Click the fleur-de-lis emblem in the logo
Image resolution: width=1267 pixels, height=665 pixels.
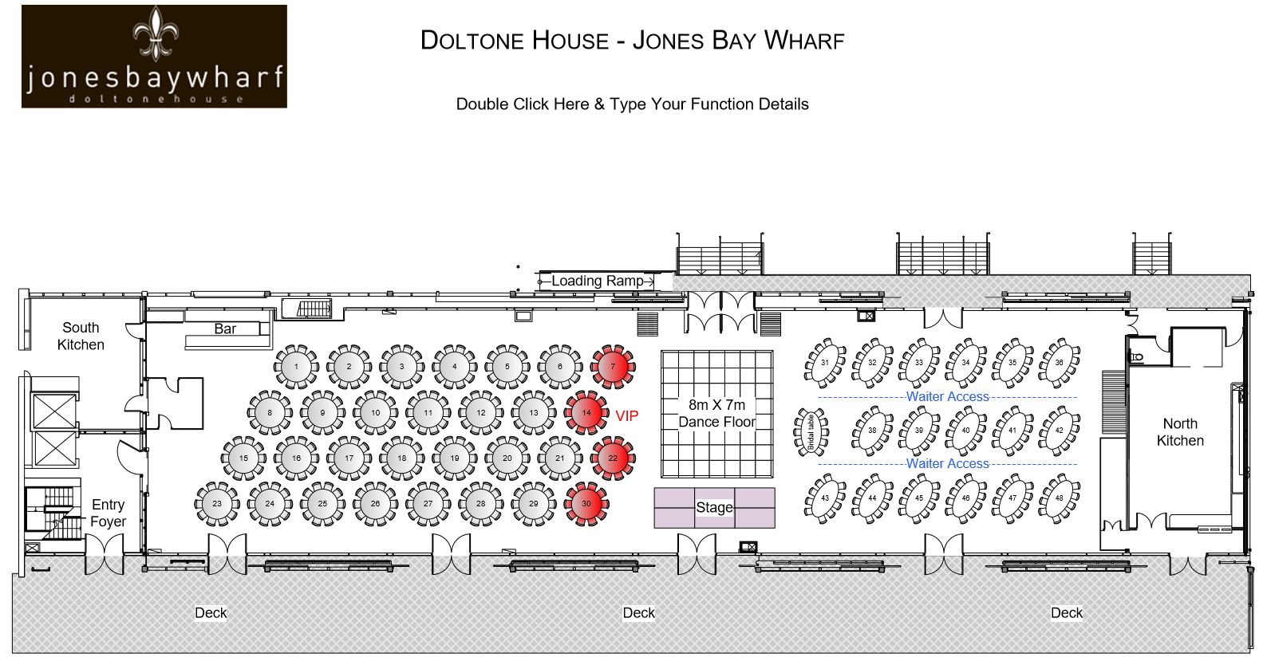(156, 33)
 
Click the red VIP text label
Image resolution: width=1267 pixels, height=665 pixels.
(626, 416)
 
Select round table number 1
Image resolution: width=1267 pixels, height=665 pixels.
(296, 367)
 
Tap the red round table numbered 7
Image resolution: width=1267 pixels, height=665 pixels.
(613, 367)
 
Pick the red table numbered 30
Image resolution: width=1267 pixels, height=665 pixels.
(586, 503)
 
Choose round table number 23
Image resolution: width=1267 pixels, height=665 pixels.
(217, 503)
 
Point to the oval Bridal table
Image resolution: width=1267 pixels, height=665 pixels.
(811, 432)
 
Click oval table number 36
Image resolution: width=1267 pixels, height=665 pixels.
(1059, 363)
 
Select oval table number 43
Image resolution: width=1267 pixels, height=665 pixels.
(825, 498)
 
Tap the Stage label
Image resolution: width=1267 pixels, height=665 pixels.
(714, 507)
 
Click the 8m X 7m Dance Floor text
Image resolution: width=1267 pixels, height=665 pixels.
(716, 413)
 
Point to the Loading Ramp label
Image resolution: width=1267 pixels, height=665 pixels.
(598, 281)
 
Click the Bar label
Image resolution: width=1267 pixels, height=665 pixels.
(225, 329)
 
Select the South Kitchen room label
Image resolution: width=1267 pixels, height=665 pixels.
(81, 336)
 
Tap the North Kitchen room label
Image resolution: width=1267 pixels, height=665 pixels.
(1180, 432)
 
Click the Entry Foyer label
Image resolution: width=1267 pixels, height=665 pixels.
(108, 513)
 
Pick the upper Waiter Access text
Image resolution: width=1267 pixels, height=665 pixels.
(947, 396)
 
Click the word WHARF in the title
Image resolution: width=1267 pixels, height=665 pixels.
(803, 40)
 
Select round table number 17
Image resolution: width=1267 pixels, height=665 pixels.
(349, 458)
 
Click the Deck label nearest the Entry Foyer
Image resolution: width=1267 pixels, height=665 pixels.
(211, 613)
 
